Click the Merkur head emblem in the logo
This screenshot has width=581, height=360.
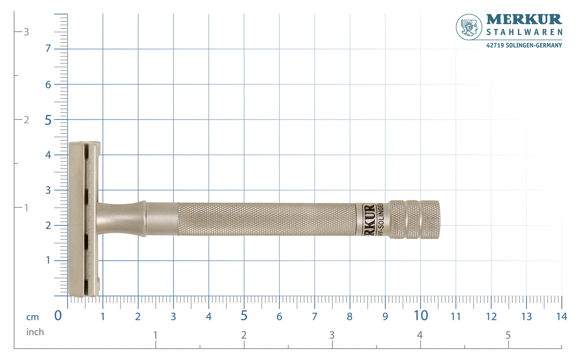click(469, 27)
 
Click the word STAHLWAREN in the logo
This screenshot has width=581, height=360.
click(524, 32)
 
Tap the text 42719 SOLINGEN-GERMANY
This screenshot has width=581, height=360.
click(524, 45)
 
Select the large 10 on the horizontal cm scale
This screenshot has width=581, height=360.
click(421, 316)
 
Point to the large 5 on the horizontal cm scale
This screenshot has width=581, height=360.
click(244, 316)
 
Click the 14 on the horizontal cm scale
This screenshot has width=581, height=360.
click(561, 317)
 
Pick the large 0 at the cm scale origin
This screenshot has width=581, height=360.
click(58, 316)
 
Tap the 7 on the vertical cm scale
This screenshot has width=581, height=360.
click(48, 49)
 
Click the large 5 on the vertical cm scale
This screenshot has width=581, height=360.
click(48, 120)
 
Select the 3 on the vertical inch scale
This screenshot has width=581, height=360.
click(26, 32)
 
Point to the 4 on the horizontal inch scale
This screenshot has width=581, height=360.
click(420, 335)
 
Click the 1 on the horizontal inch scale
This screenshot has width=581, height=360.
click(155, 335)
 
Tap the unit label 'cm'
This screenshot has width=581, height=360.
click(33, 317)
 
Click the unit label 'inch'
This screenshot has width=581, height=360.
click(35, 332)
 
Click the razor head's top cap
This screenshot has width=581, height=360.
click(76, 219)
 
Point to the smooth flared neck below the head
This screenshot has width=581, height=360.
click(121, 219)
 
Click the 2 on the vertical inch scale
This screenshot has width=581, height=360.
click(26, 120)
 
